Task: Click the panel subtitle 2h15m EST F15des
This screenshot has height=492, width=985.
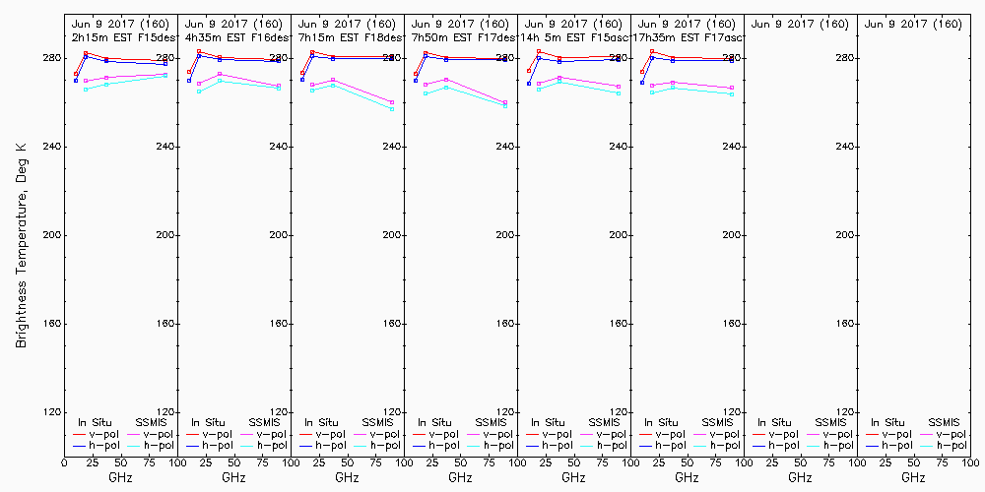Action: click(x=120, y=36)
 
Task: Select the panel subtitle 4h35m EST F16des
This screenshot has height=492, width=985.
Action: click(x=233, y=36)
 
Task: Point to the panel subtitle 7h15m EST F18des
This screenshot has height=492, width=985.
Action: click(x=347, y=36)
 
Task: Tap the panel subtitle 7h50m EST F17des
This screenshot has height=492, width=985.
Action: click(x=460, y=36)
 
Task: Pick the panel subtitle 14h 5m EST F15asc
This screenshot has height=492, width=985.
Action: click(x=573, y=36)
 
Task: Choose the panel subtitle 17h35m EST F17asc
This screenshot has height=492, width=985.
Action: click(x=687, y=36)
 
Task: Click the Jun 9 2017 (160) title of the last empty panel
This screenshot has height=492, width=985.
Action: click(x=913, y=24)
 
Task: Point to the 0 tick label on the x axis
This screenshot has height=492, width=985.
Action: click(x=64, y=461)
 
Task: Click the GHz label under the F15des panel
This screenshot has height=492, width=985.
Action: click(x=120, y=477)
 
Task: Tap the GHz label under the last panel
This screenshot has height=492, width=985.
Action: click(x=913, y=477)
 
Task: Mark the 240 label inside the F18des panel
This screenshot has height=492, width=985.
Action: click(x=392, y=147)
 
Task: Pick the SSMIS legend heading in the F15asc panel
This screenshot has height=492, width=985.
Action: click(x=605, y=422)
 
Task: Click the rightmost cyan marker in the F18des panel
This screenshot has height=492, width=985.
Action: click(x=392, y=108)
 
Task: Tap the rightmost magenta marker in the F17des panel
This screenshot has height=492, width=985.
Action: click(x=505, y=102)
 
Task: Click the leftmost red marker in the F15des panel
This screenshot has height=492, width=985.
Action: click(x=76, y=73)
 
